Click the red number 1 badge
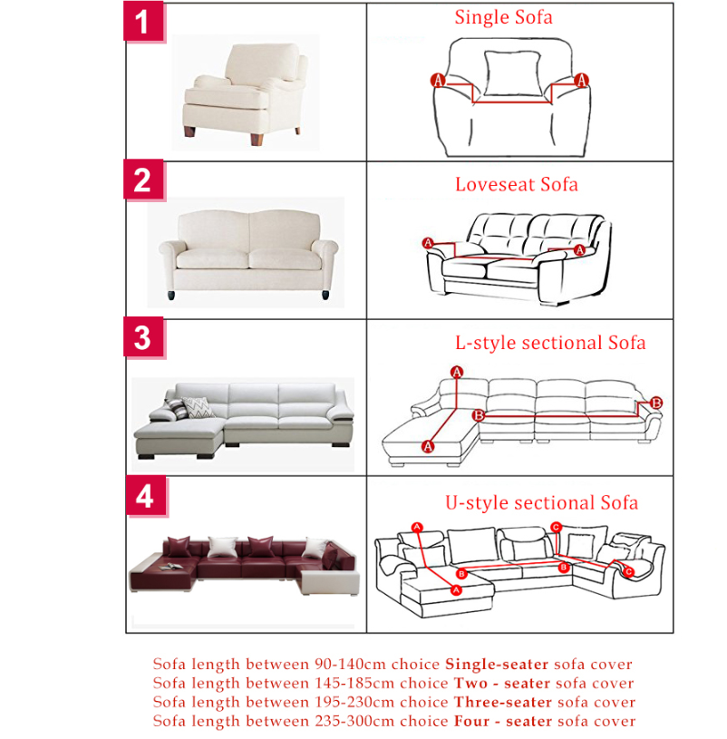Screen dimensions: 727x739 (143, 21)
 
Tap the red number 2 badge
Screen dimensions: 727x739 (143, 180)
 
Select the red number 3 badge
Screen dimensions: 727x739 (143, 337)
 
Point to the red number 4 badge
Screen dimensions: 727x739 (146, 496)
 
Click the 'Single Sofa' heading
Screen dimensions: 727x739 (503, 17)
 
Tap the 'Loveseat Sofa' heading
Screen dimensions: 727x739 (517, 184)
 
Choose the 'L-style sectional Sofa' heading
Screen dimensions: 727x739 (550, 343)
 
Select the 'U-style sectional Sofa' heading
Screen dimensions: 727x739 (542, 503)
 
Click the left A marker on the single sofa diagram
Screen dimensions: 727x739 (438, 80)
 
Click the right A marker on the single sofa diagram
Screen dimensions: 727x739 (581, 80)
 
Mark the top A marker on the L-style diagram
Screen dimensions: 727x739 (457, 373)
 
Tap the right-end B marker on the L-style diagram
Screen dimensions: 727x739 (656, 403)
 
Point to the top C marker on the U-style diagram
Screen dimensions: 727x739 (556, 527)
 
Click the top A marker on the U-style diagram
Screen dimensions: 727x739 (417, 528)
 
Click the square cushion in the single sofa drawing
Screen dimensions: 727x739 (512, 73)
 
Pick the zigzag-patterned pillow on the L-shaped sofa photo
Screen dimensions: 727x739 (199, 407)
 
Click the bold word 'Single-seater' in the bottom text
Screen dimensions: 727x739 (497, 665)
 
